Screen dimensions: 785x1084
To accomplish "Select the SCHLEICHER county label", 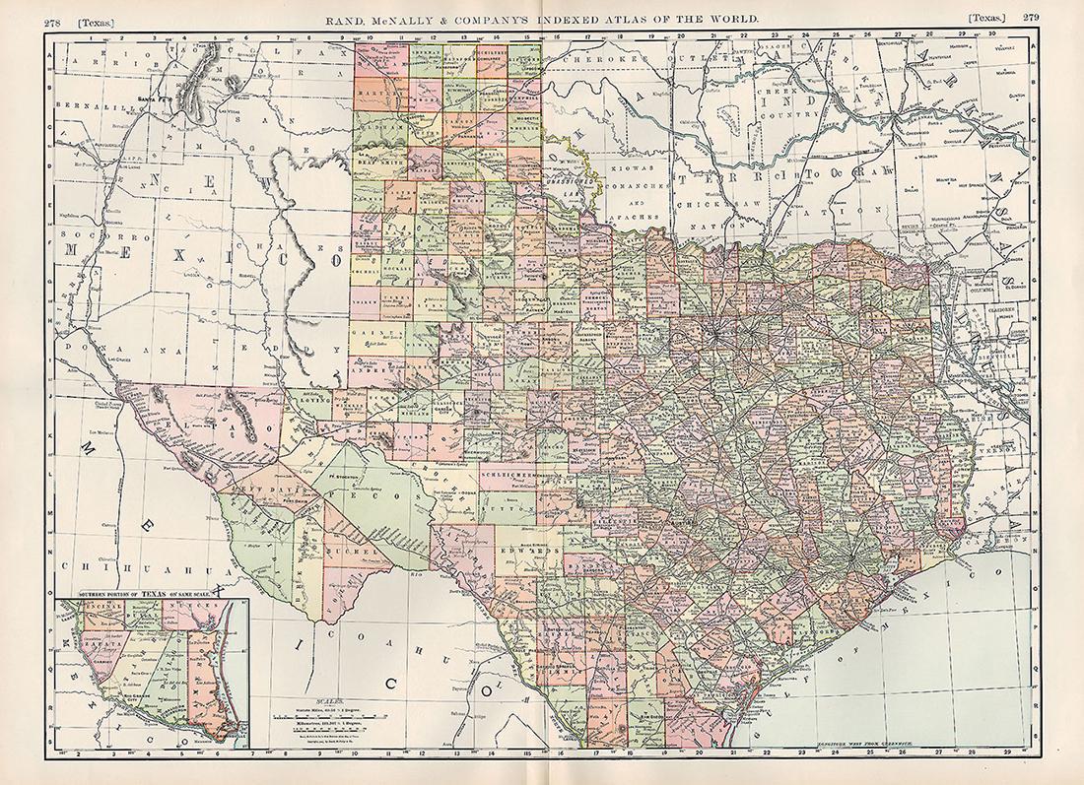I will tap(510, 471).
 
